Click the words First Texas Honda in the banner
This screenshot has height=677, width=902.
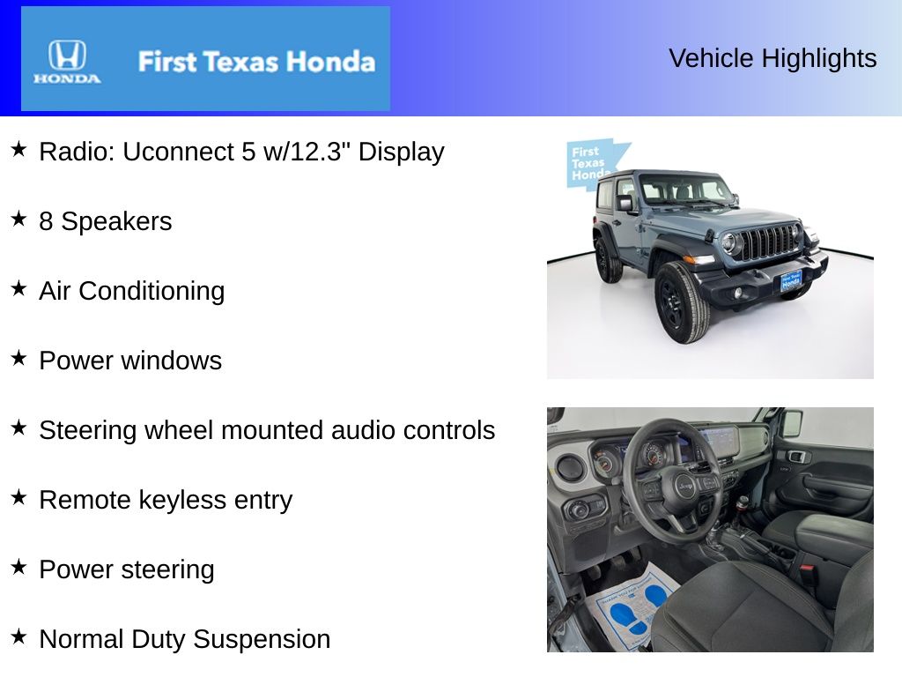coord(256,62)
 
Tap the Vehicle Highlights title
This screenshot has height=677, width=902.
coord(773,58)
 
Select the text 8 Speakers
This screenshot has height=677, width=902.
coord(105,221)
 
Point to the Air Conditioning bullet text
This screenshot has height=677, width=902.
coord(131,291)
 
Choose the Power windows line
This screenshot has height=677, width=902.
coord(130,361)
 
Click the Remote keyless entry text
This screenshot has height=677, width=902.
coord(166,500)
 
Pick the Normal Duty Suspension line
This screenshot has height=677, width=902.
coord(185,639)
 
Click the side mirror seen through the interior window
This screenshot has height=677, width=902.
coord(792,424)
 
